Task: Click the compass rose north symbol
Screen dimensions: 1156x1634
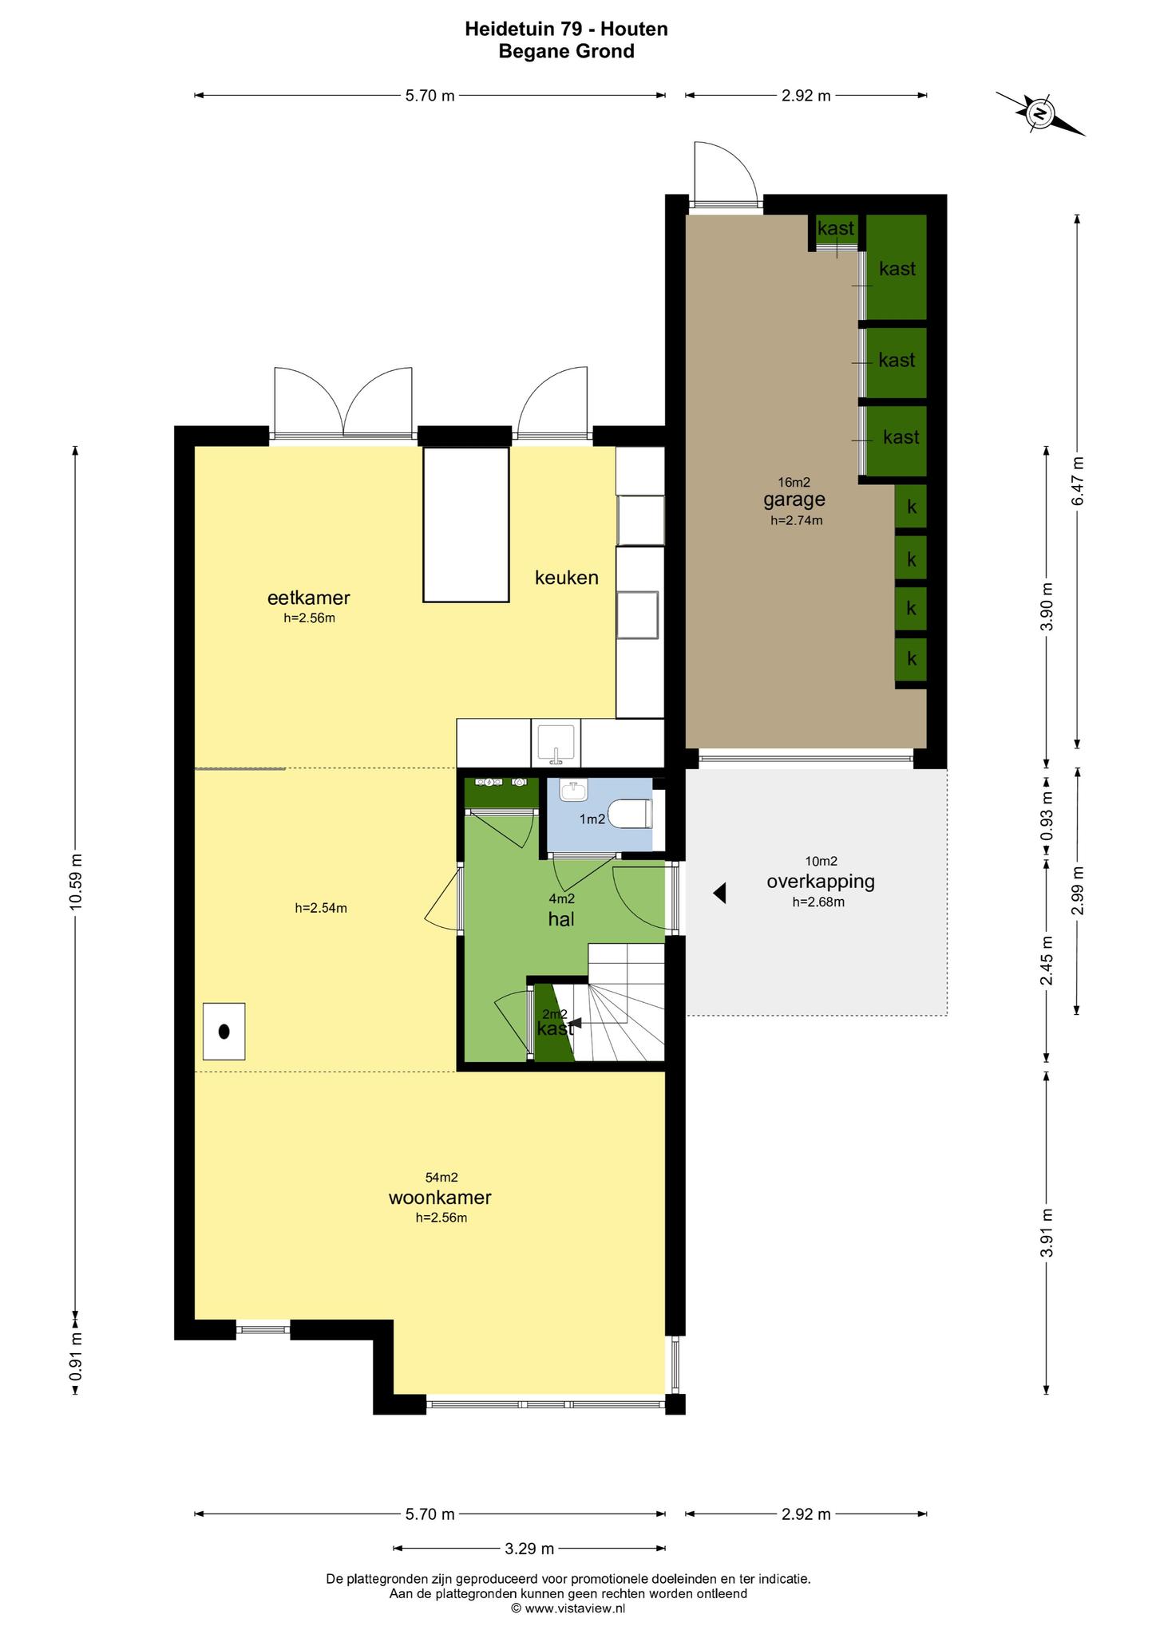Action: [1040, 114]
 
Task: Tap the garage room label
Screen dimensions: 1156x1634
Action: [794, 500]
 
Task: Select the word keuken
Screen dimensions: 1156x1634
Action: [567, 577]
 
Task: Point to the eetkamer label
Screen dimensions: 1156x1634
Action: [309, 598]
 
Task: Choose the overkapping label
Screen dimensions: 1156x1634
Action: [821, 882]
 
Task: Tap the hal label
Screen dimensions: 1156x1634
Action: [561, 919]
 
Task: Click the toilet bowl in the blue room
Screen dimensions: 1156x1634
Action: [631, 815]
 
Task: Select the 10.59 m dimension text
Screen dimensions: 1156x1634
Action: [76, 881]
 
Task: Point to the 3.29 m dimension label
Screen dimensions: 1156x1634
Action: [529, 1549]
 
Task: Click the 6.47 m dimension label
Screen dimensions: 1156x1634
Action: [1078, 480]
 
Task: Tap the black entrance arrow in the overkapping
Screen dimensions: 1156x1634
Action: [719, 894]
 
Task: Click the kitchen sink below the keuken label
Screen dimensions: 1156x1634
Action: [556, 743]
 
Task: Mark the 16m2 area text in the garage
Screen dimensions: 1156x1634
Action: [794, 482]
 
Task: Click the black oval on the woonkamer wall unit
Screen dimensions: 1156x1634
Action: [224, 1031]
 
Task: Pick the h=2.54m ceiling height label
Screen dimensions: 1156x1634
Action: [321, 907]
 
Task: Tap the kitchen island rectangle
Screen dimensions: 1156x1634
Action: [466, 524]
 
